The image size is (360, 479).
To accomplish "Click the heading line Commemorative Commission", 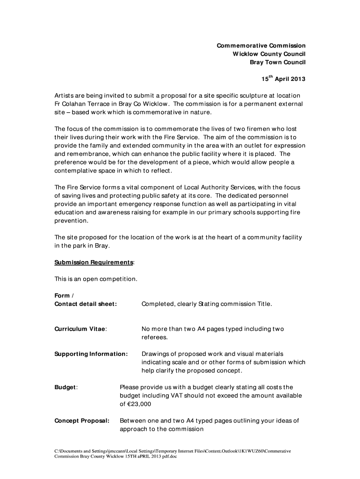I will [260, 45].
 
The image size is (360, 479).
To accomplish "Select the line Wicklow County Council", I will [269, 54].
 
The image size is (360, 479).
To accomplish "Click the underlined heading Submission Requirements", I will [94, 262].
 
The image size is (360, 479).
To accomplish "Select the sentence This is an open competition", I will [96, 279].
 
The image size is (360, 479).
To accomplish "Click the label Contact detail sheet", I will [86, 304].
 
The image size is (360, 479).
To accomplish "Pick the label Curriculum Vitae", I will [80, 329].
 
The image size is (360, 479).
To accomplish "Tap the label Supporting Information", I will [91, 354].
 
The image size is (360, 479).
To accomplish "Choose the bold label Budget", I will [65, 387].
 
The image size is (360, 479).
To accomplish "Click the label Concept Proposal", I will [82, 421].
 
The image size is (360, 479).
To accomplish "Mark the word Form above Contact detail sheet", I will [62, 296].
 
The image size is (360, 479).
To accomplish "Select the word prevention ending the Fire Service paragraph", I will [71, 221].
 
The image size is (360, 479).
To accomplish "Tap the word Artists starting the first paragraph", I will [65, 95].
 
